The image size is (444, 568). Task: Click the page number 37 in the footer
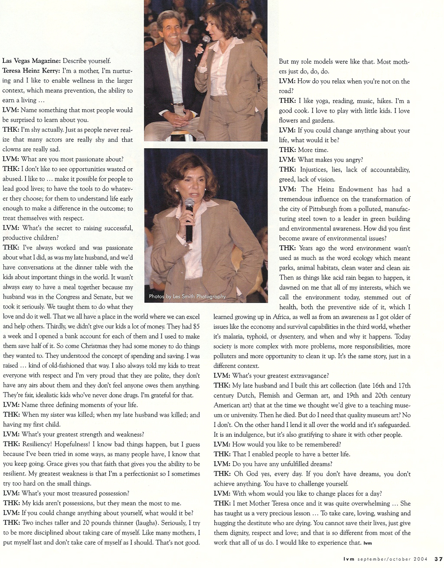[x=438, y=558]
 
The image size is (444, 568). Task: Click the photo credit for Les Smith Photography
[x=187, y=297]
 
